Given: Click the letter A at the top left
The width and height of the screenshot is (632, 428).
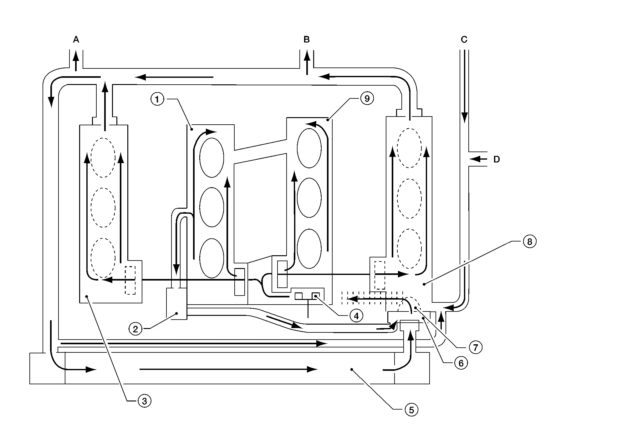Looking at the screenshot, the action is pos(76,40).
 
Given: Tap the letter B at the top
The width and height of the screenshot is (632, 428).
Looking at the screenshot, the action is pos(307,40).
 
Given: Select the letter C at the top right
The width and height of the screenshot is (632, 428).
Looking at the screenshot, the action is pos(464,40).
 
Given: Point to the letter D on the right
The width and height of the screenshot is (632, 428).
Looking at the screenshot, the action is pos(497,159).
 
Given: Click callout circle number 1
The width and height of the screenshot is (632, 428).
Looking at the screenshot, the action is pos(157,100).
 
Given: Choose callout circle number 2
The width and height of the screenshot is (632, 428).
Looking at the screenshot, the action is pos(135,329).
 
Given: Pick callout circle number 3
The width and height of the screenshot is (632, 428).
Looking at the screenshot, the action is pos(144,401).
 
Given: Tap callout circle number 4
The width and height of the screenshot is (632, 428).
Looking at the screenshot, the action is pos(356,316).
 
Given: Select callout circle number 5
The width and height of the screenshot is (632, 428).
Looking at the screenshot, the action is pos(411,410).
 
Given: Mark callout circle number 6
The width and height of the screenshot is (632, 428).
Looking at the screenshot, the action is pos(461,363).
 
